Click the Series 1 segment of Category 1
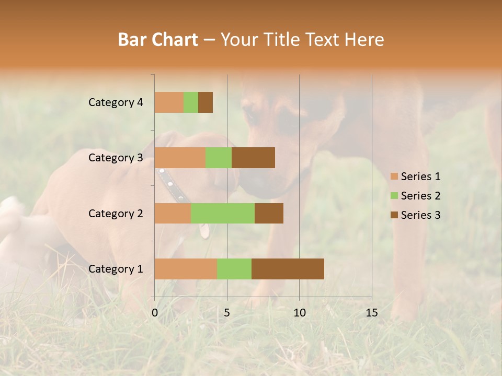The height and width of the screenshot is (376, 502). point(186,269)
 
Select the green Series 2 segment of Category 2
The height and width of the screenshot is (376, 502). point(223,213)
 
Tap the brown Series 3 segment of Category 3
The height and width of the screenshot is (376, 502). point(253,158)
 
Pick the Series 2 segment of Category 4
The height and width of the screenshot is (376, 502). point(191,102)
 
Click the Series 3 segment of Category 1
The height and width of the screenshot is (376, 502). point(288,269)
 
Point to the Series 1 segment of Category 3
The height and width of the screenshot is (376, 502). point(180,158)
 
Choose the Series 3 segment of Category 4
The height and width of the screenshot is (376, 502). point(206,102)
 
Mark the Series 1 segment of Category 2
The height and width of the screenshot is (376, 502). point(173,213)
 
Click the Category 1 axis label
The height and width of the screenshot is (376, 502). point(116,269)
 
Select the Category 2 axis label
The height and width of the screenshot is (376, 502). point(116,213)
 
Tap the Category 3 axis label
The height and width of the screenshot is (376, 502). point(116,158)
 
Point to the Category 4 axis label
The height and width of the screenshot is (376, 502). point(116,102)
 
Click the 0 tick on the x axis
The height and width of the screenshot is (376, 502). point(155,313)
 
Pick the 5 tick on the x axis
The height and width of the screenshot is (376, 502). point(227,313)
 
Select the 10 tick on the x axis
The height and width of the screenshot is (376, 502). point(299,313)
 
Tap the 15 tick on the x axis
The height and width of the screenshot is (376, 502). point(372,313)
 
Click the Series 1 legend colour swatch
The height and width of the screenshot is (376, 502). point(394,177)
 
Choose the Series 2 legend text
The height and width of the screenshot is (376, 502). point(420,196)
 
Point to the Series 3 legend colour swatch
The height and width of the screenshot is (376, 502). point(394,215)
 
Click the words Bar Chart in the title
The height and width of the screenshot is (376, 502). point(158,40)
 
